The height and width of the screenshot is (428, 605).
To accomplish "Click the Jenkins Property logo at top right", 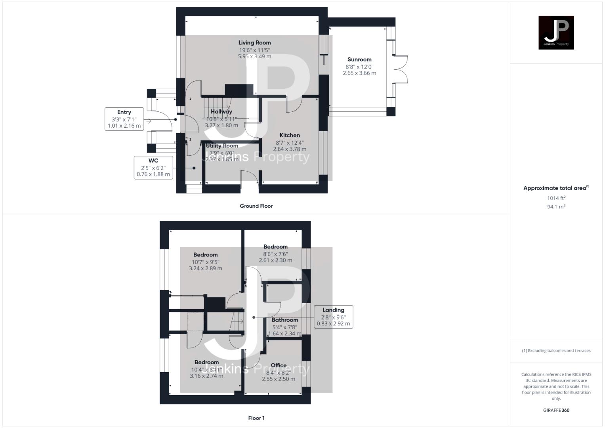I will click(556, 32).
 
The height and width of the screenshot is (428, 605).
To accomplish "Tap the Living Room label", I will click(254, 43).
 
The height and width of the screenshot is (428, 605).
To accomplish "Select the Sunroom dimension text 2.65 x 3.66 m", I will click(359, 73).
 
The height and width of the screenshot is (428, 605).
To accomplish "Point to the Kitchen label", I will click(290, 135).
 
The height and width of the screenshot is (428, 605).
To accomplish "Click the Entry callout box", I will click(124, 119).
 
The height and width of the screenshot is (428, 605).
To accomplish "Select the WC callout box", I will click(153, 168).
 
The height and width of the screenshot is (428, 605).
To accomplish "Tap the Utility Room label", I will click(222, 145).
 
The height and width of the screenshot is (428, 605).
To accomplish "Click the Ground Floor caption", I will click(256, 206).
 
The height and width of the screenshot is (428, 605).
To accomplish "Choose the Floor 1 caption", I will click(256, 418).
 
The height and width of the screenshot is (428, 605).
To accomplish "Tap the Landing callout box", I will click(333, 317).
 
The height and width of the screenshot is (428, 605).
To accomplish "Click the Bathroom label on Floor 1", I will click(284, 320).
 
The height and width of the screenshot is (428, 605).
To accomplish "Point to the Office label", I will click(279, 365).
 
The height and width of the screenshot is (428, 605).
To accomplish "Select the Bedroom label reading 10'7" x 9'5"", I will click(205, 255).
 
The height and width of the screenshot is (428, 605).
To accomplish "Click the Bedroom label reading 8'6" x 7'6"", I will click(275, 246).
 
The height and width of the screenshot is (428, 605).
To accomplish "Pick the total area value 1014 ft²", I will click(556, 198).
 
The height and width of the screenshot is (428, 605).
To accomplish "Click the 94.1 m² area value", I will click(556, 206).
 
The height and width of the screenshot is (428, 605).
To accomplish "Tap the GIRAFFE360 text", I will click(556, 410).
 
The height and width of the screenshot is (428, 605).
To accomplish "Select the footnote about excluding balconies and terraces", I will click(556, 351).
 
